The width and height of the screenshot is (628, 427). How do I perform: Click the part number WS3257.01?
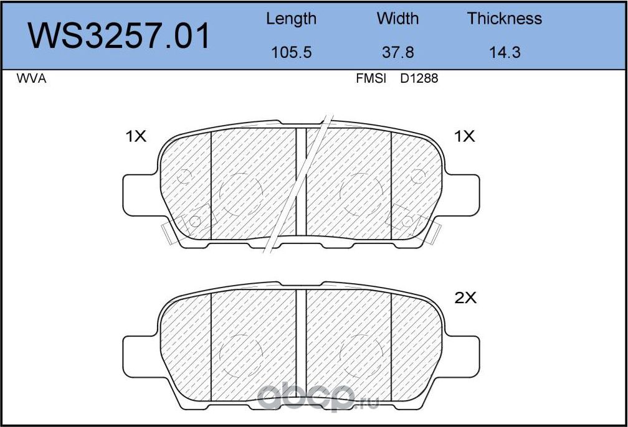119,35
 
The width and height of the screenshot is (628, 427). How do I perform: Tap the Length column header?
291,19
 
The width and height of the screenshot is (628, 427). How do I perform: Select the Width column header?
397,19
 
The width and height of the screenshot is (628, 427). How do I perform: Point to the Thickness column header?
505,19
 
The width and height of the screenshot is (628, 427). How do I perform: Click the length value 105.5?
291,52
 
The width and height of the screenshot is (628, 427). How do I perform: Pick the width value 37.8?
397,52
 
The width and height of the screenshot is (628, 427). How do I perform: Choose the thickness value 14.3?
505,52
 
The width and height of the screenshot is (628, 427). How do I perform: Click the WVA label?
31,78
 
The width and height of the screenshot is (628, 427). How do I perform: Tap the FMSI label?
371,78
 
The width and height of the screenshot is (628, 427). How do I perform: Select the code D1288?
419,78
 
